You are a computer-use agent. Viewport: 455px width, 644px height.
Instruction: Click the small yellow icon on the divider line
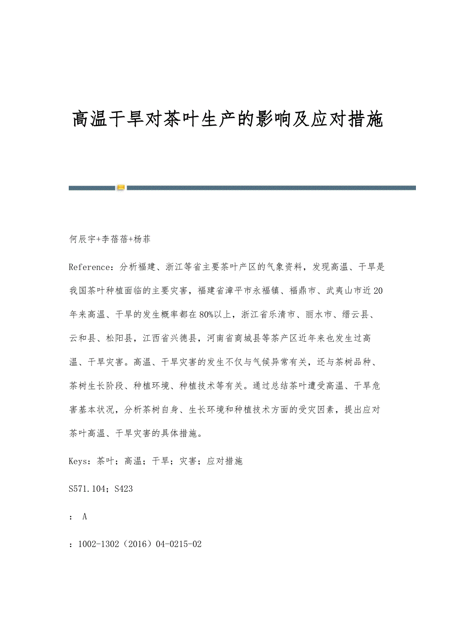pyautogui.click(x=121, y=188)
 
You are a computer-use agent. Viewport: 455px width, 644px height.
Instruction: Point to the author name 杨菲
pyautogui.click(x=141, y=239)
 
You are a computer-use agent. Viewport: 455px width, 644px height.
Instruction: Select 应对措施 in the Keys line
pyautogui.click(x=225, y=461)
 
